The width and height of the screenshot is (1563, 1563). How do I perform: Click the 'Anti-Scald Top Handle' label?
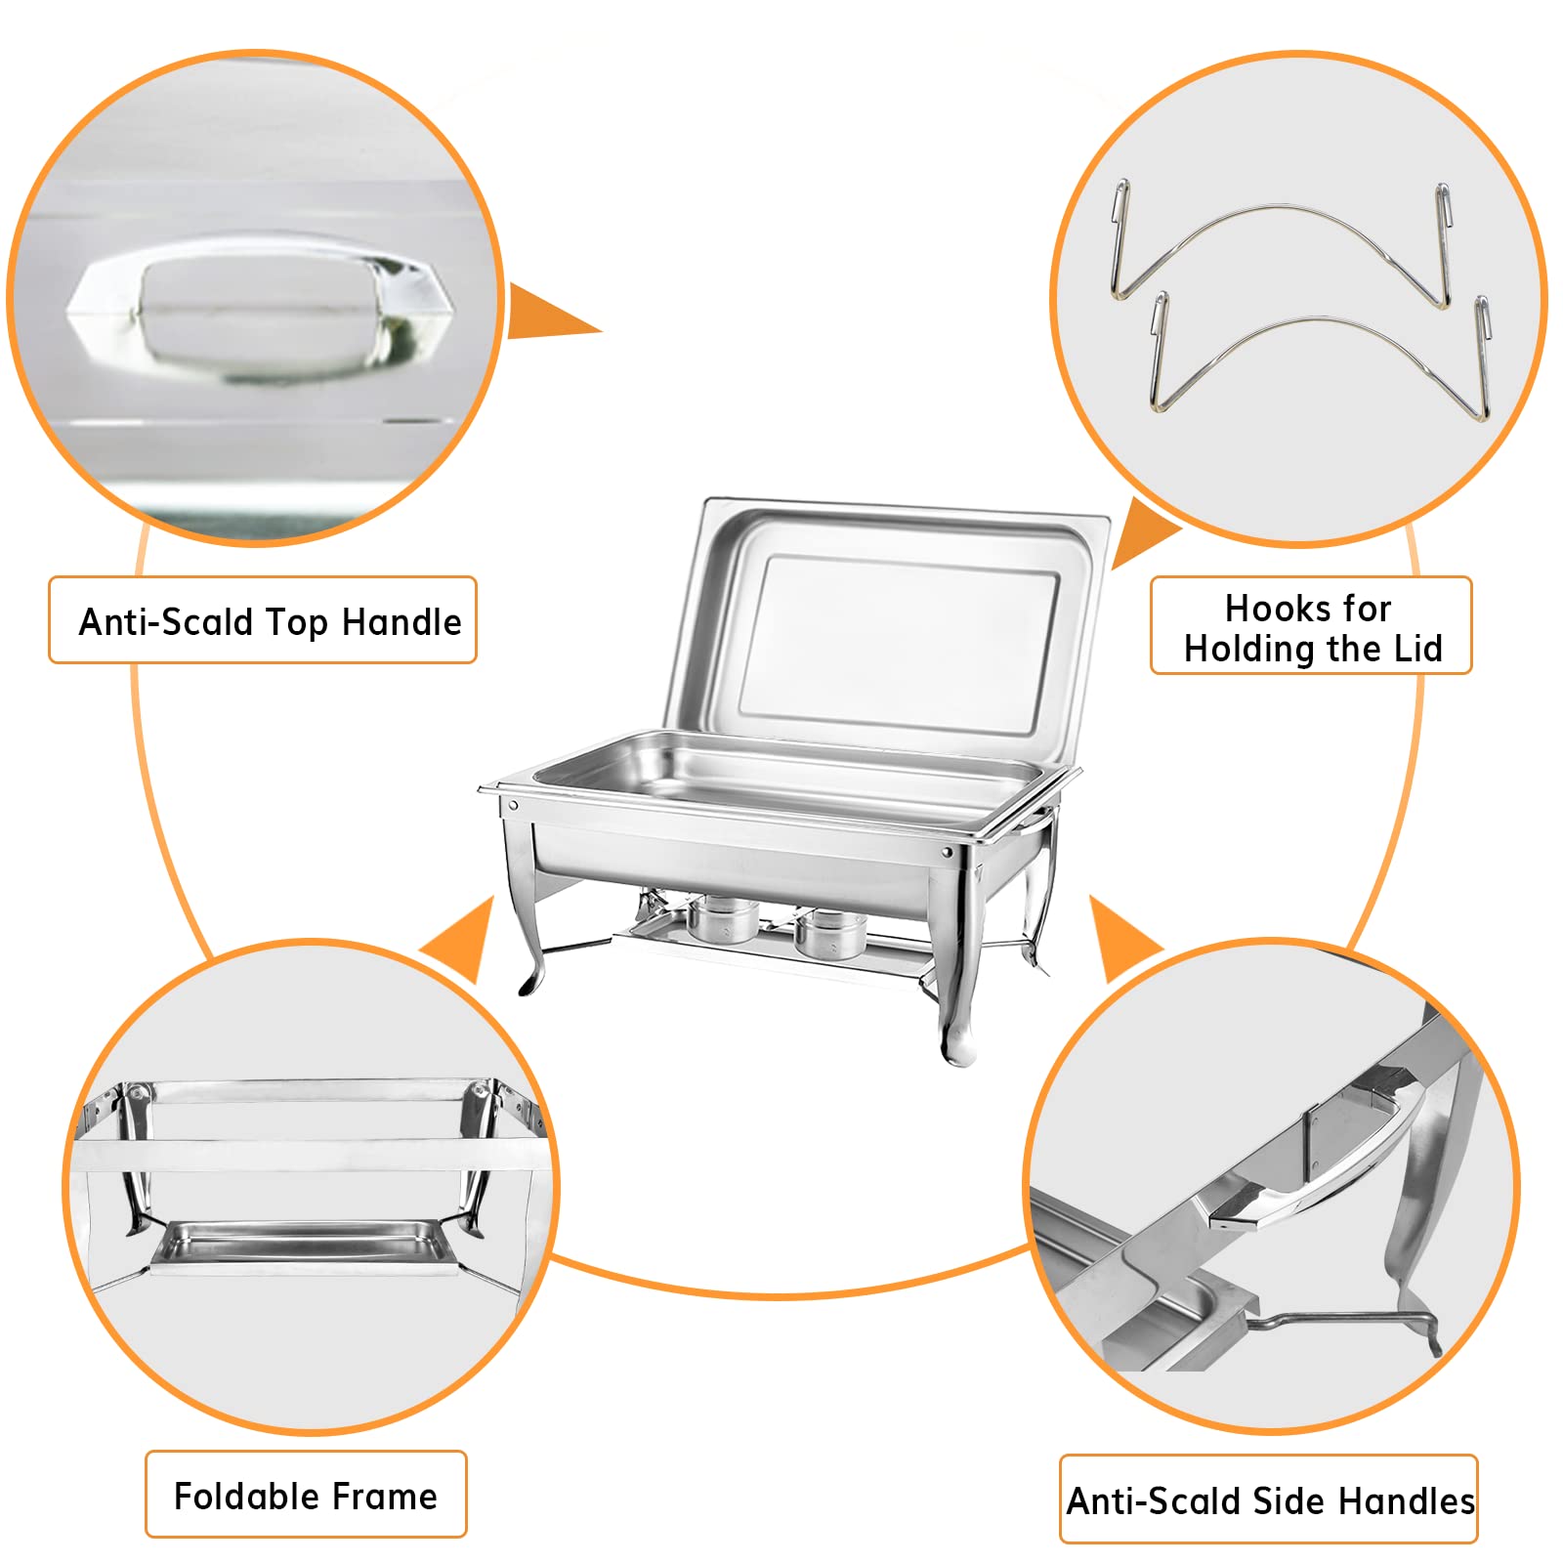tap(270, 622)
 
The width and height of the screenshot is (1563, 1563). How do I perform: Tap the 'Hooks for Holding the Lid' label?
tap(1312, 627)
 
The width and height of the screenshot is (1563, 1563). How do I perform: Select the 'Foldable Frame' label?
tap(306, 1496)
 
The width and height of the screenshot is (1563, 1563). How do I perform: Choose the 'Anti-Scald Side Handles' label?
tap(1270, 1500)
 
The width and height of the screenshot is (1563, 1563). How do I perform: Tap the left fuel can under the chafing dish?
tap(723, 917)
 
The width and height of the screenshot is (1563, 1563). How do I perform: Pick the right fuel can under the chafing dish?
tap(829, 933)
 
